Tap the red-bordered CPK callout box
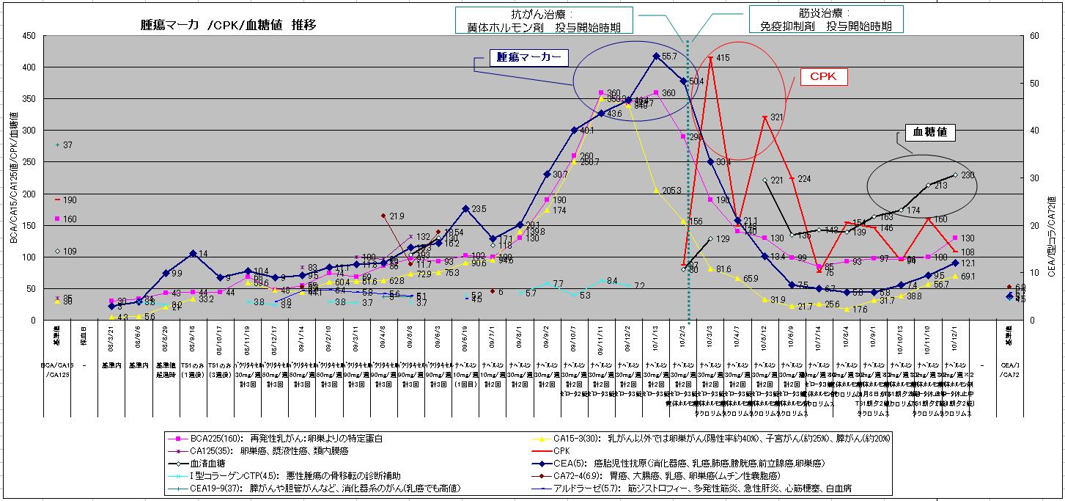coord(824,76)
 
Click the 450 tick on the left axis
coord(29,35)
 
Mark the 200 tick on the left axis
coord(29,194)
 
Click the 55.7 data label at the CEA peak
coord(668,56)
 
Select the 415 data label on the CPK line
coord(723,58)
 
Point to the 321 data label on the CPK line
coord(777,117)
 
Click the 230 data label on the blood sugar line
coord(968,175)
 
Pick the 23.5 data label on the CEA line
coord(478,209)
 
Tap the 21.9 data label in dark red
coord(397,216)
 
